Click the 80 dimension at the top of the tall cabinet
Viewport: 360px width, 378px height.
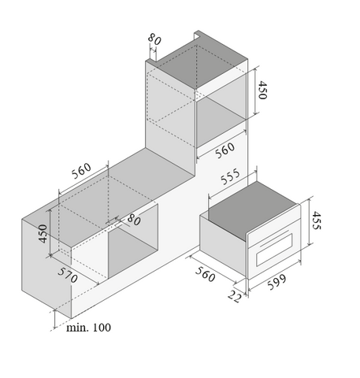[x=154, y=39]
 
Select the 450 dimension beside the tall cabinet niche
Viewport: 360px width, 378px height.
[x=262, y=90]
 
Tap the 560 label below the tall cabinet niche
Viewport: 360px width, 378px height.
[x=225, y=150]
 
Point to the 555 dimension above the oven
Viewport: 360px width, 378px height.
[x=230, y=176]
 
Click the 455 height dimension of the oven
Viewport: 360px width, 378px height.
[x=317, y=220]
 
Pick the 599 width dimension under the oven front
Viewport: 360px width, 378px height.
[x=277, y=282]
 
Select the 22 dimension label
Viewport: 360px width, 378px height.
[x=234, y=296]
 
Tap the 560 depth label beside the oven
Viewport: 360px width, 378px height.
[x=205, y=274]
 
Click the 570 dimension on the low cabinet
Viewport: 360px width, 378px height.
[x=68, y=275]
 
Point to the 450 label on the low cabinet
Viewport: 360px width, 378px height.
[x=43, y=234]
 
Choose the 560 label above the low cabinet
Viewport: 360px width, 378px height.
[x=81, y=171]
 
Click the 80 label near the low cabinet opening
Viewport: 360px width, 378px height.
[x=134, y=220]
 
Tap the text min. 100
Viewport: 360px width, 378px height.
[x=88, y=328]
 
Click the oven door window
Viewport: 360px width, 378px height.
[x=274, y=250]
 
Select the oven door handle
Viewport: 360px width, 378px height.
[x=274, y=239]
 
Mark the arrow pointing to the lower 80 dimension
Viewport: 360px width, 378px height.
[x=122, y=221]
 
